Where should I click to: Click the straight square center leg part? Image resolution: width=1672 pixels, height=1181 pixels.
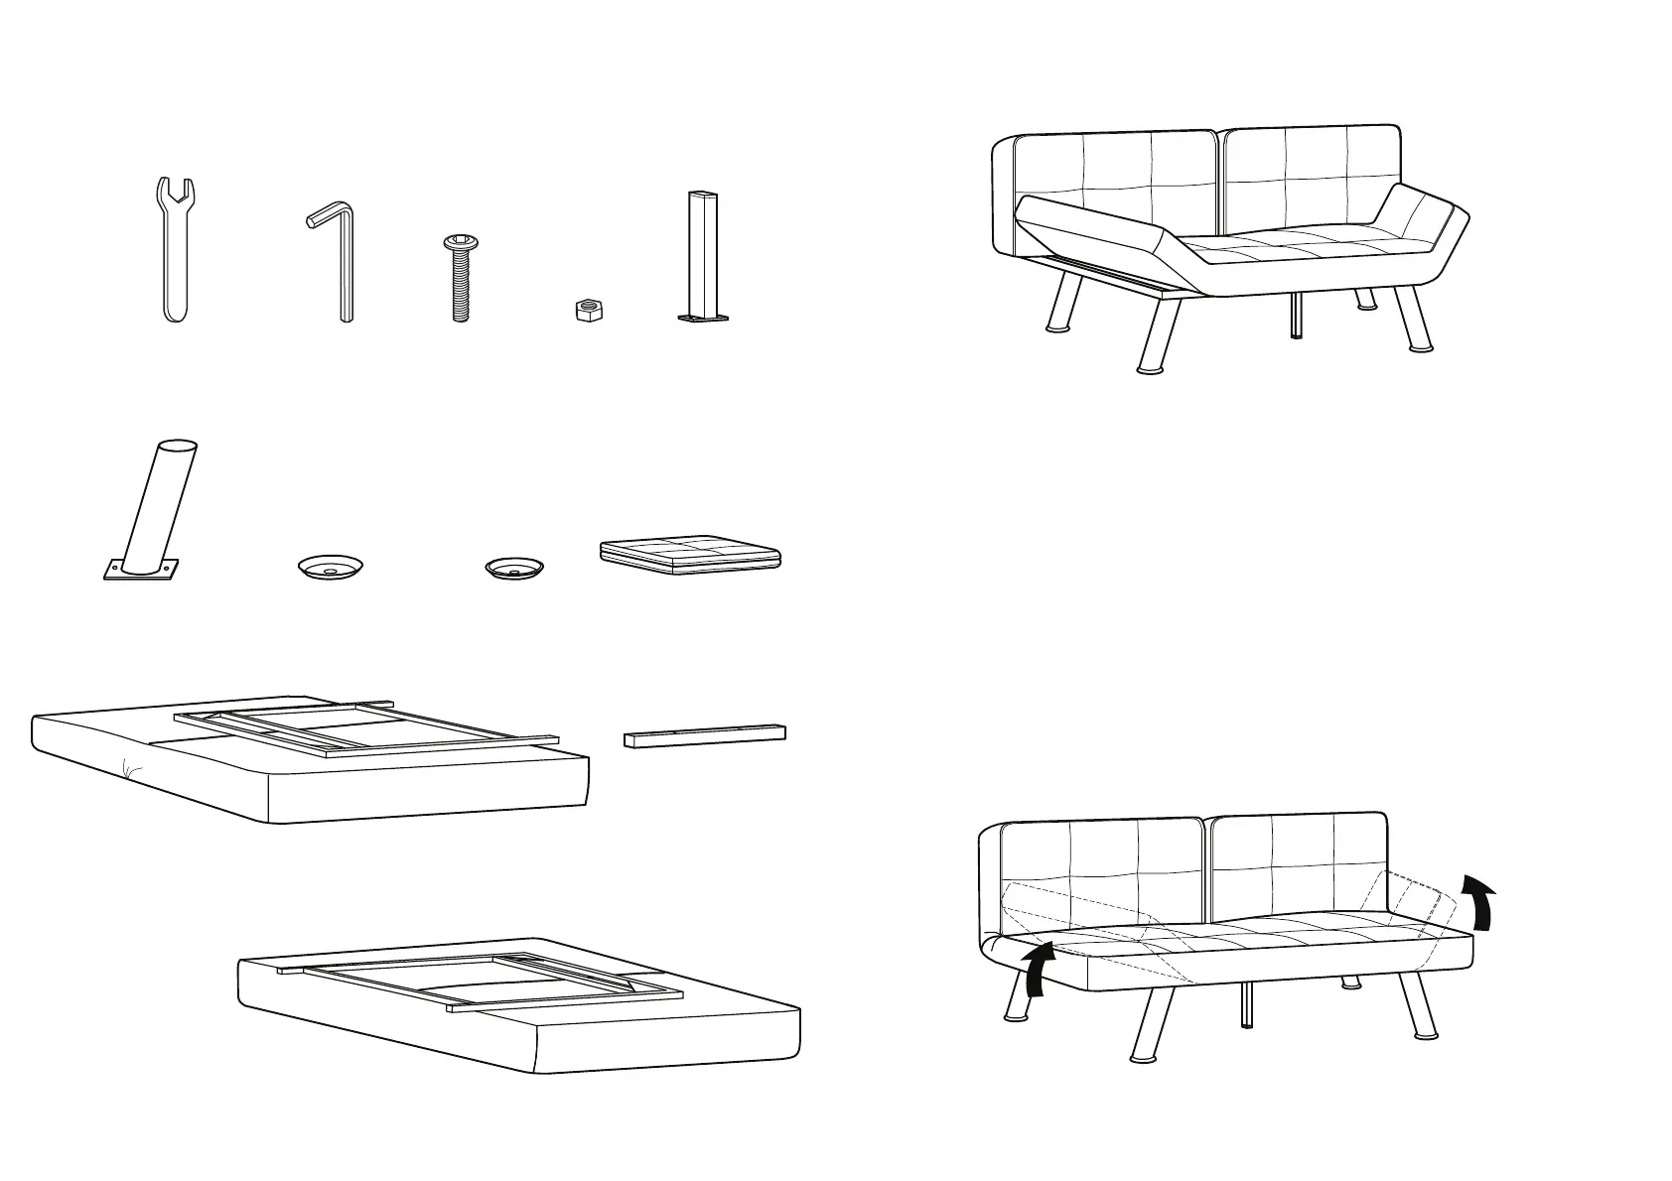(x=702, y=255)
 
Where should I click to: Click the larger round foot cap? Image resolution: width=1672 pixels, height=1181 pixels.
(x=331, y=567)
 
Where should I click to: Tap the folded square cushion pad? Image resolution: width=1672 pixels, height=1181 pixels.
(x=691, y=556)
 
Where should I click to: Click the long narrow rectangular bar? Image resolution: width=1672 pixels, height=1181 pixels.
(x=705, y=734)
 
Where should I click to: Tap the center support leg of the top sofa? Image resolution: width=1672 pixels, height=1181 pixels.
(x=1296, y=316)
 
